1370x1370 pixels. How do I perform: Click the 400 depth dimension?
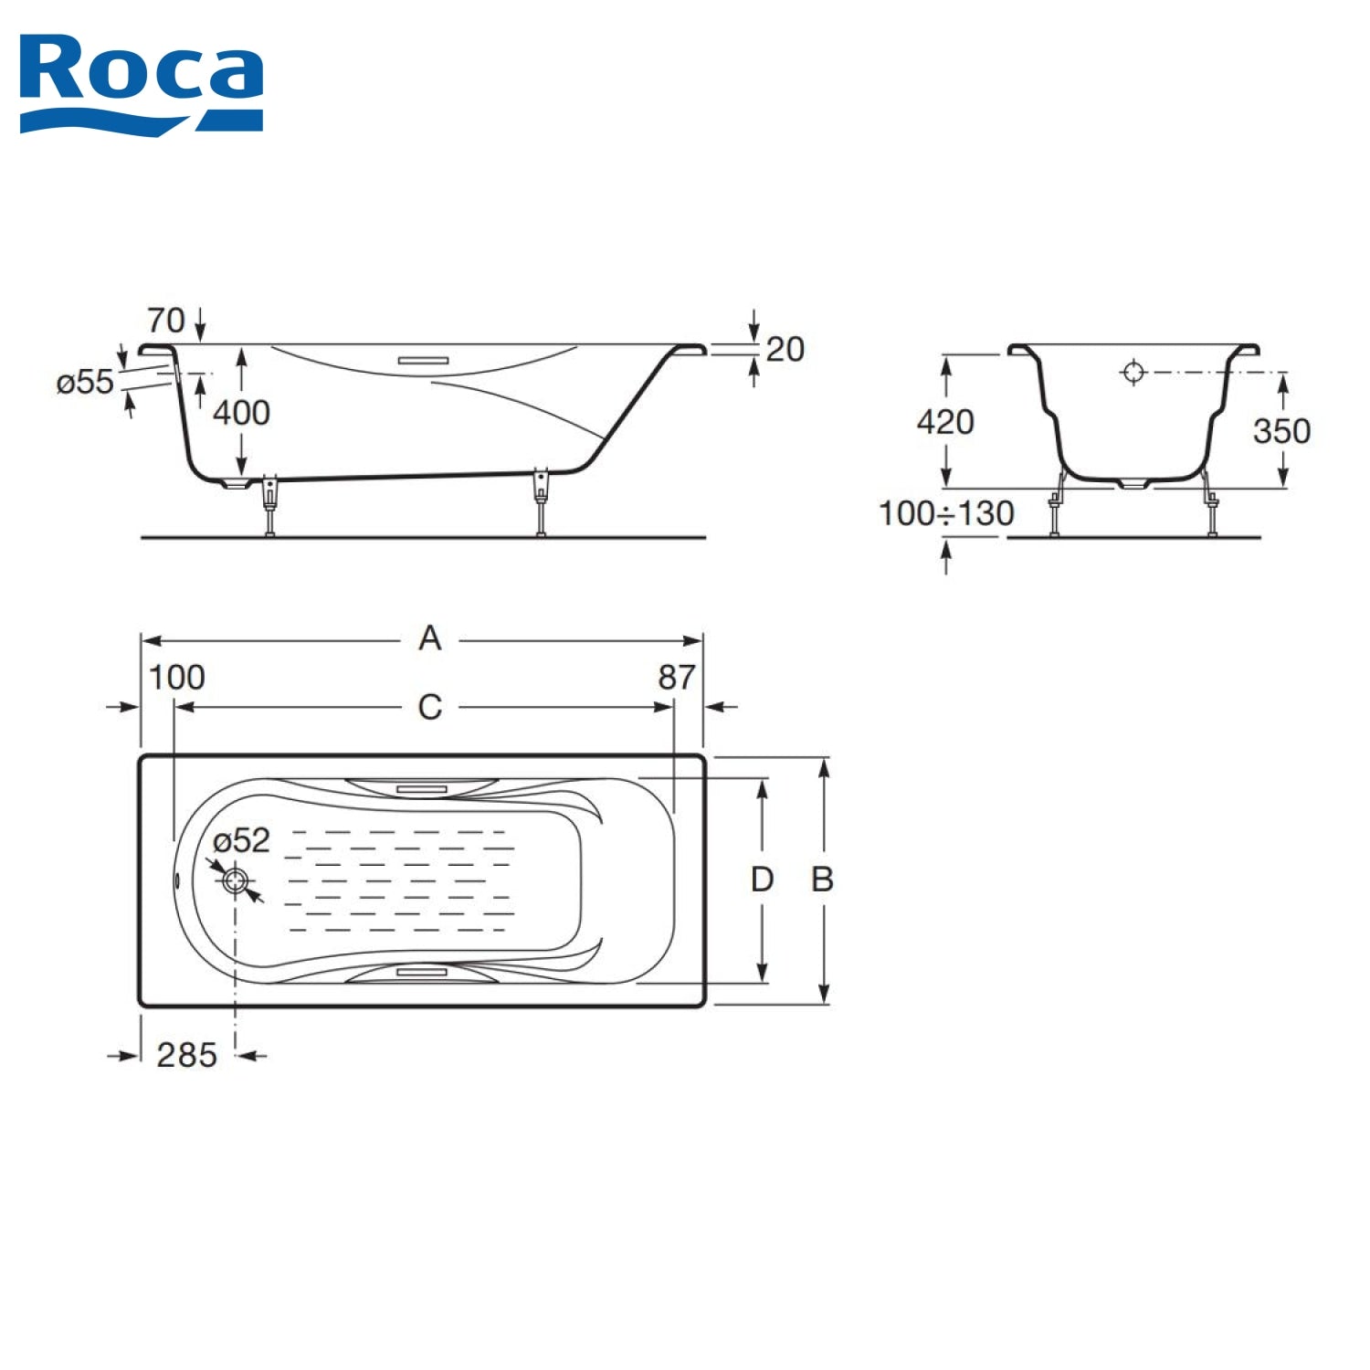click(241, 413)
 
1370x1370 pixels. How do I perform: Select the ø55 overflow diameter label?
click(85, 382)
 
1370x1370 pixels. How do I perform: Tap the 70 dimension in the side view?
click(166, 321)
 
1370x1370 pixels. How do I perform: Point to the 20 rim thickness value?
click(785, 349)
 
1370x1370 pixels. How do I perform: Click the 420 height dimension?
click(945, 422)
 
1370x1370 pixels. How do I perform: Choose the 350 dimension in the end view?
click(1281, 431)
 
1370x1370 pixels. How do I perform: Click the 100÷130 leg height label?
click(946, 513)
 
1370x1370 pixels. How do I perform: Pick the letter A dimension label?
click(430, 638)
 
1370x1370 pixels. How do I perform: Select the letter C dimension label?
click(430, 708)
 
